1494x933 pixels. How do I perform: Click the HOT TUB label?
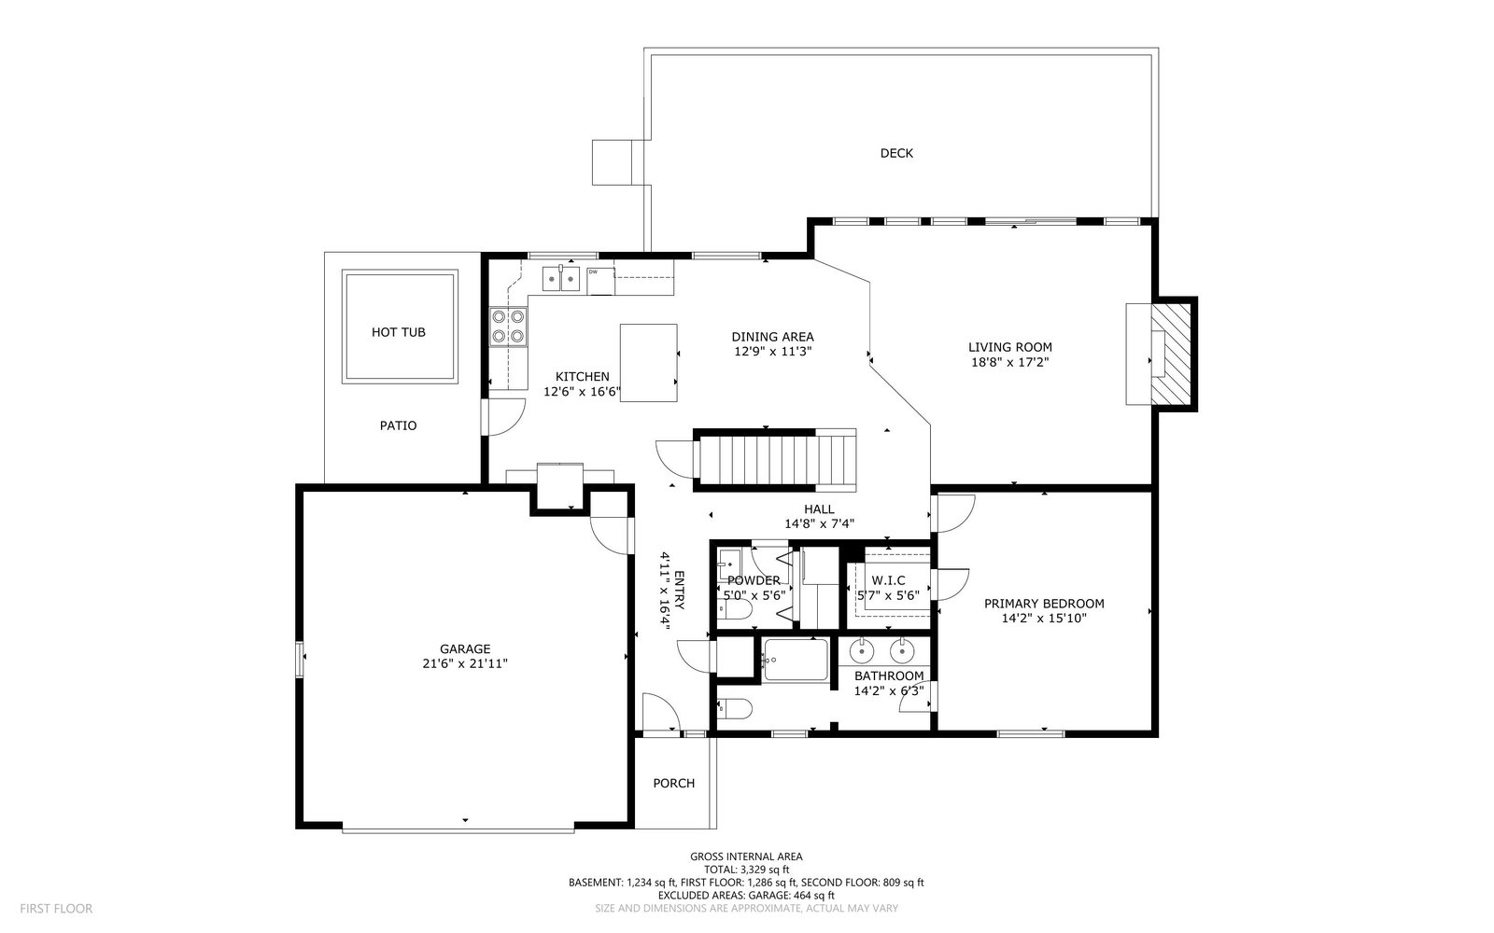click(x=398, y=332)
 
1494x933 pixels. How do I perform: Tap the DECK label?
click(x=896, y=153)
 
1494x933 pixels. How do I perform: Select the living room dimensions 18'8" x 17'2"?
click(x=1010, y=363)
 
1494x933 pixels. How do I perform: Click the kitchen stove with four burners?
click(x=508, y=327)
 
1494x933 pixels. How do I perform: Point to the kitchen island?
click(x=648, y=363)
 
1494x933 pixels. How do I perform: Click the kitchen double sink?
click(x=561, y=279)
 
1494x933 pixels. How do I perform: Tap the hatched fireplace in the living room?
click(x=1171, y=354)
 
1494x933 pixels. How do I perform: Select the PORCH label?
click(x=673, y=783)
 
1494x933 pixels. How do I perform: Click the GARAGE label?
click(x=465, y=648)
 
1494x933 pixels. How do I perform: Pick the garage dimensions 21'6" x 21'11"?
click(x=465, y=663)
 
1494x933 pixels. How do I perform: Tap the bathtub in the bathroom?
click(x=796, y=660)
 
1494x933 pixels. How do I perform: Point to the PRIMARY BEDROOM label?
click(x=1044, y=603)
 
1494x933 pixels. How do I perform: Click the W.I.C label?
click(x=888, y=580)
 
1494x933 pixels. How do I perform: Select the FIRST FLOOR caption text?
click(x=56, y=909)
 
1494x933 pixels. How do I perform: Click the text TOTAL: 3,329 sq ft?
click(x=746, y=869)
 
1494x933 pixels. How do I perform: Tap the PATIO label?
click(x=398, y=425)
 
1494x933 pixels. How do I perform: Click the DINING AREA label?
click(x=772, y=337)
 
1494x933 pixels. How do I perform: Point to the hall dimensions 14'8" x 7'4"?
click(x=819, y=523)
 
